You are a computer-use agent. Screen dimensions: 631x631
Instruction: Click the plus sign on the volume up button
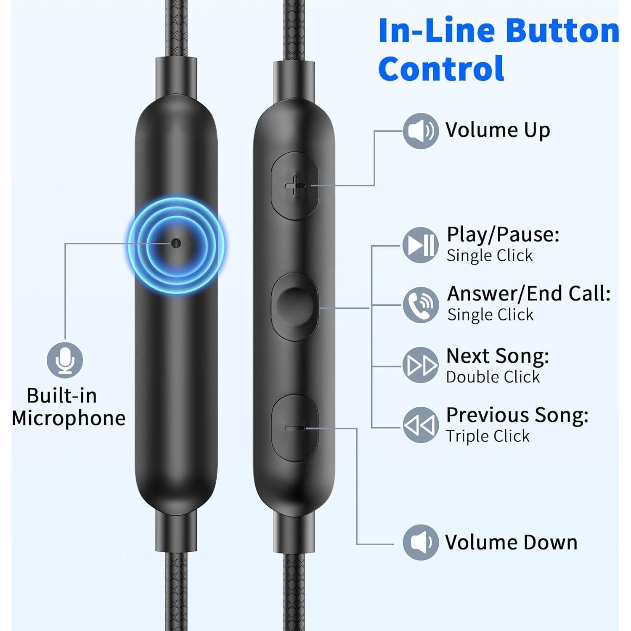[x=296, y=186]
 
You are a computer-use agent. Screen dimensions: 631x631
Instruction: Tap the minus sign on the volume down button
[x=295, y=428]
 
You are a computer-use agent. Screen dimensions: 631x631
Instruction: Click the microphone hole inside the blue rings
[x=176, y=243]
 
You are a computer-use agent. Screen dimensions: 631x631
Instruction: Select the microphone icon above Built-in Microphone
[x=65, y=360]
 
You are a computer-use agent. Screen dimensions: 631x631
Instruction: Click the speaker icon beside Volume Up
[x=421, y=131]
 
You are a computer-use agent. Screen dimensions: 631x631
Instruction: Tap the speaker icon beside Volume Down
[x=421, y=542]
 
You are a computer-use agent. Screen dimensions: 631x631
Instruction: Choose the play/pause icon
[x=421, y=245]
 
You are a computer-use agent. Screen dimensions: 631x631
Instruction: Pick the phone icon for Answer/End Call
[x=421, y=305]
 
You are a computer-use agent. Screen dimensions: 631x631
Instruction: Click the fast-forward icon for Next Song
[x=421, y=365]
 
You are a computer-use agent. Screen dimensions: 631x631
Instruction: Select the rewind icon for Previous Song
[x=421, y=425]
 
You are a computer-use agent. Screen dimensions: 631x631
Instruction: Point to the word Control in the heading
[x=441, y=69]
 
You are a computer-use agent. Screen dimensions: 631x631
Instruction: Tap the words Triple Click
[x=488, y=436]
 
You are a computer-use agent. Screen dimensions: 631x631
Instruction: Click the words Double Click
[x=493, y=377]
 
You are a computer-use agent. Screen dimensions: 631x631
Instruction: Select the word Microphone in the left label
[x=69, y=419]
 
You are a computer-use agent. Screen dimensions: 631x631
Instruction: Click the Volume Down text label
[x=511, y=542]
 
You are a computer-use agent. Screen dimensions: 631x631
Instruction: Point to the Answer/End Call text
[x=529, y=294]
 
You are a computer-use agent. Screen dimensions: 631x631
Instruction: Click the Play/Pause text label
[x=503, y=235]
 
